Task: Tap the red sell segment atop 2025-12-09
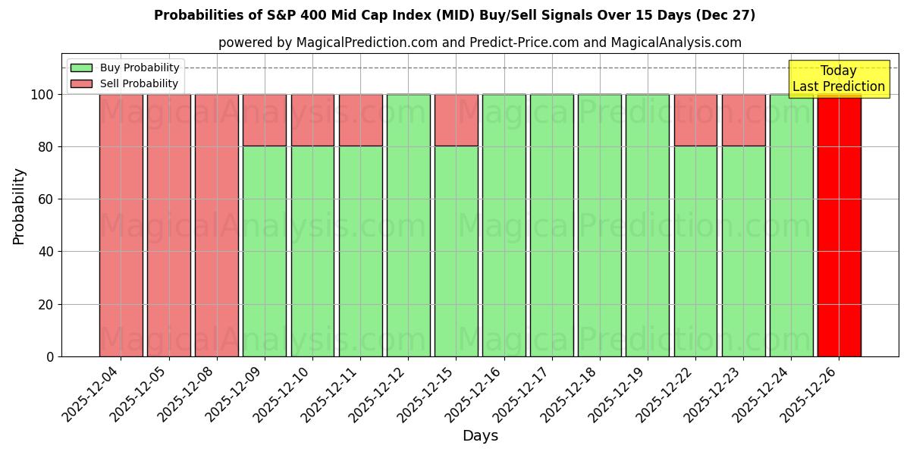tap(265, 120)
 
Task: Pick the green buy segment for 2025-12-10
tap(312, 250)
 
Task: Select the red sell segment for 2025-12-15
tap(456, 120)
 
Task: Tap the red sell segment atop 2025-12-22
tap(695, 120)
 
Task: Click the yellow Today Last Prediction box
tap(839, 79)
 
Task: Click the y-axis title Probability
tap(19, 206)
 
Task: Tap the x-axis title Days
tap(480, 436)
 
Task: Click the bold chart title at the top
tap(454, 15)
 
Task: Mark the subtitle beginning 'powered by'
tap(479, 42)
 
